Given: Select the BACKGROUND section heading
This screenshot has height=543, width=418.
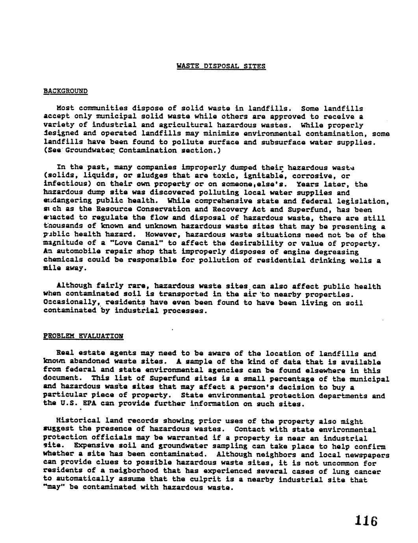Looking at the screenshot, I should click(x=65, y=91).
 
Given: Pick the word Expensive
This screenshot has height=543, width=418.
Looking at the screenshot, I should click(x=95, y=447).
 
